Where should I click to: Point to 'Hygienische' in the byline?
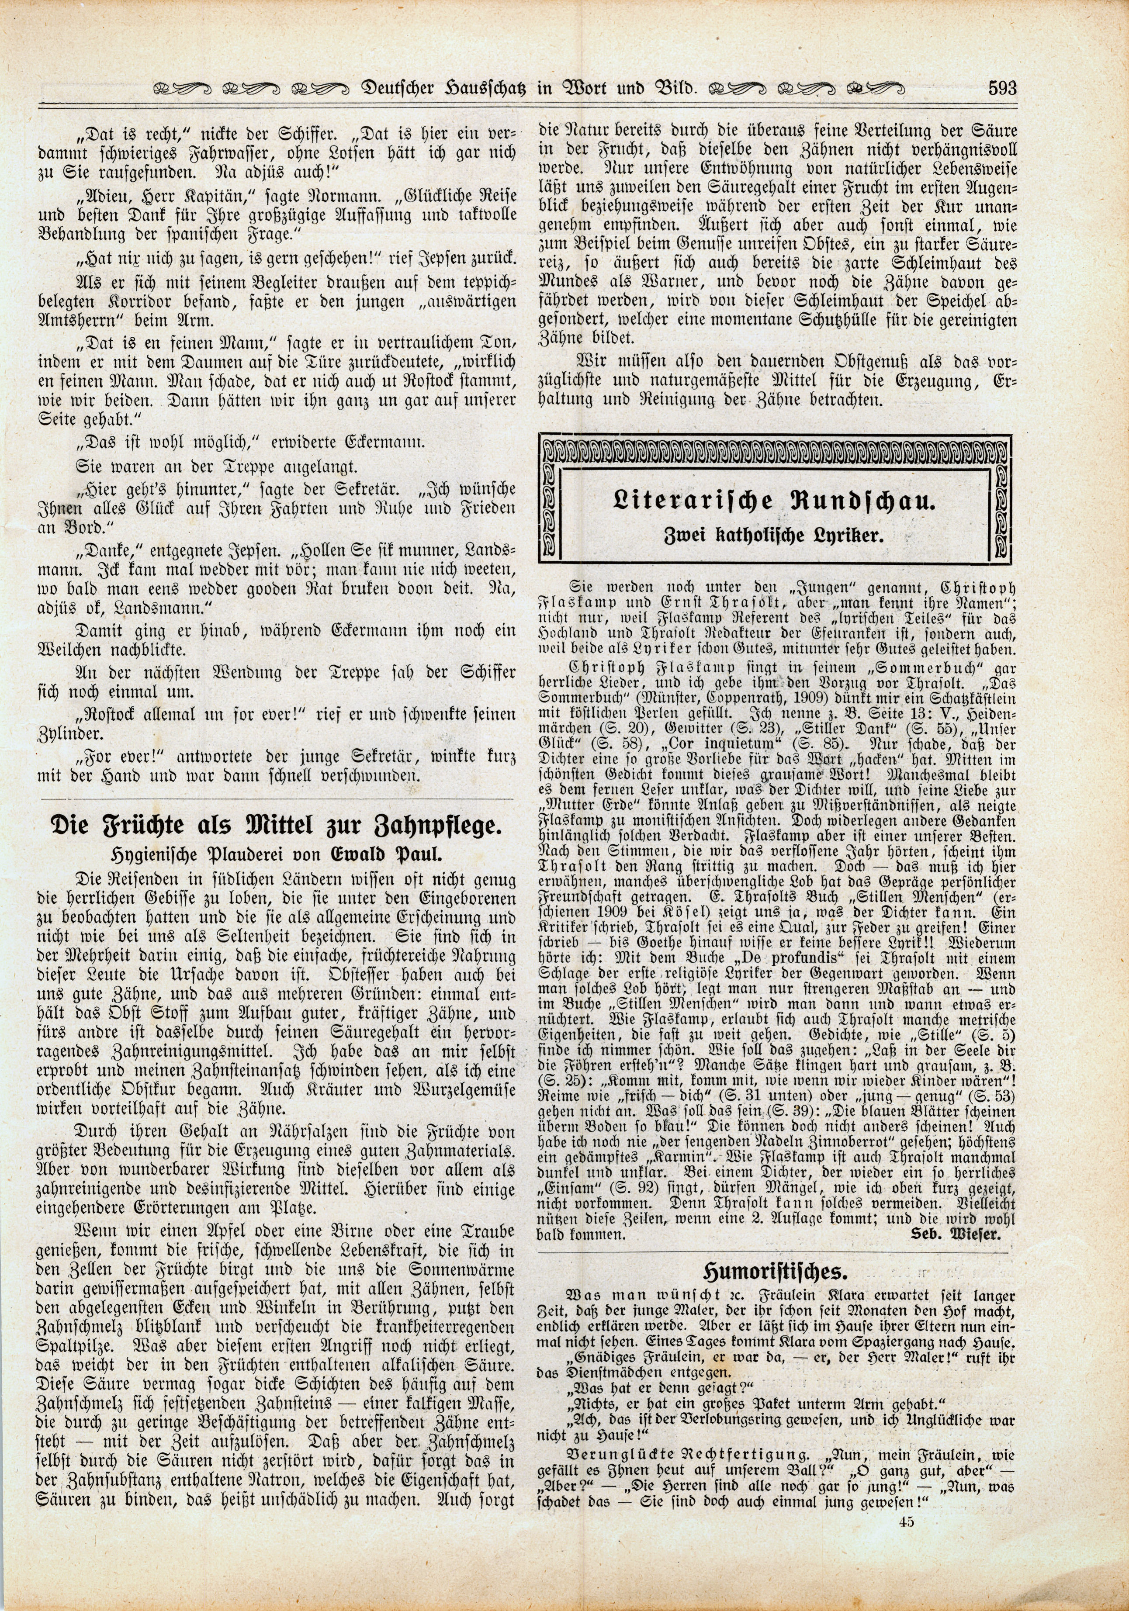click(154, 853)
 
